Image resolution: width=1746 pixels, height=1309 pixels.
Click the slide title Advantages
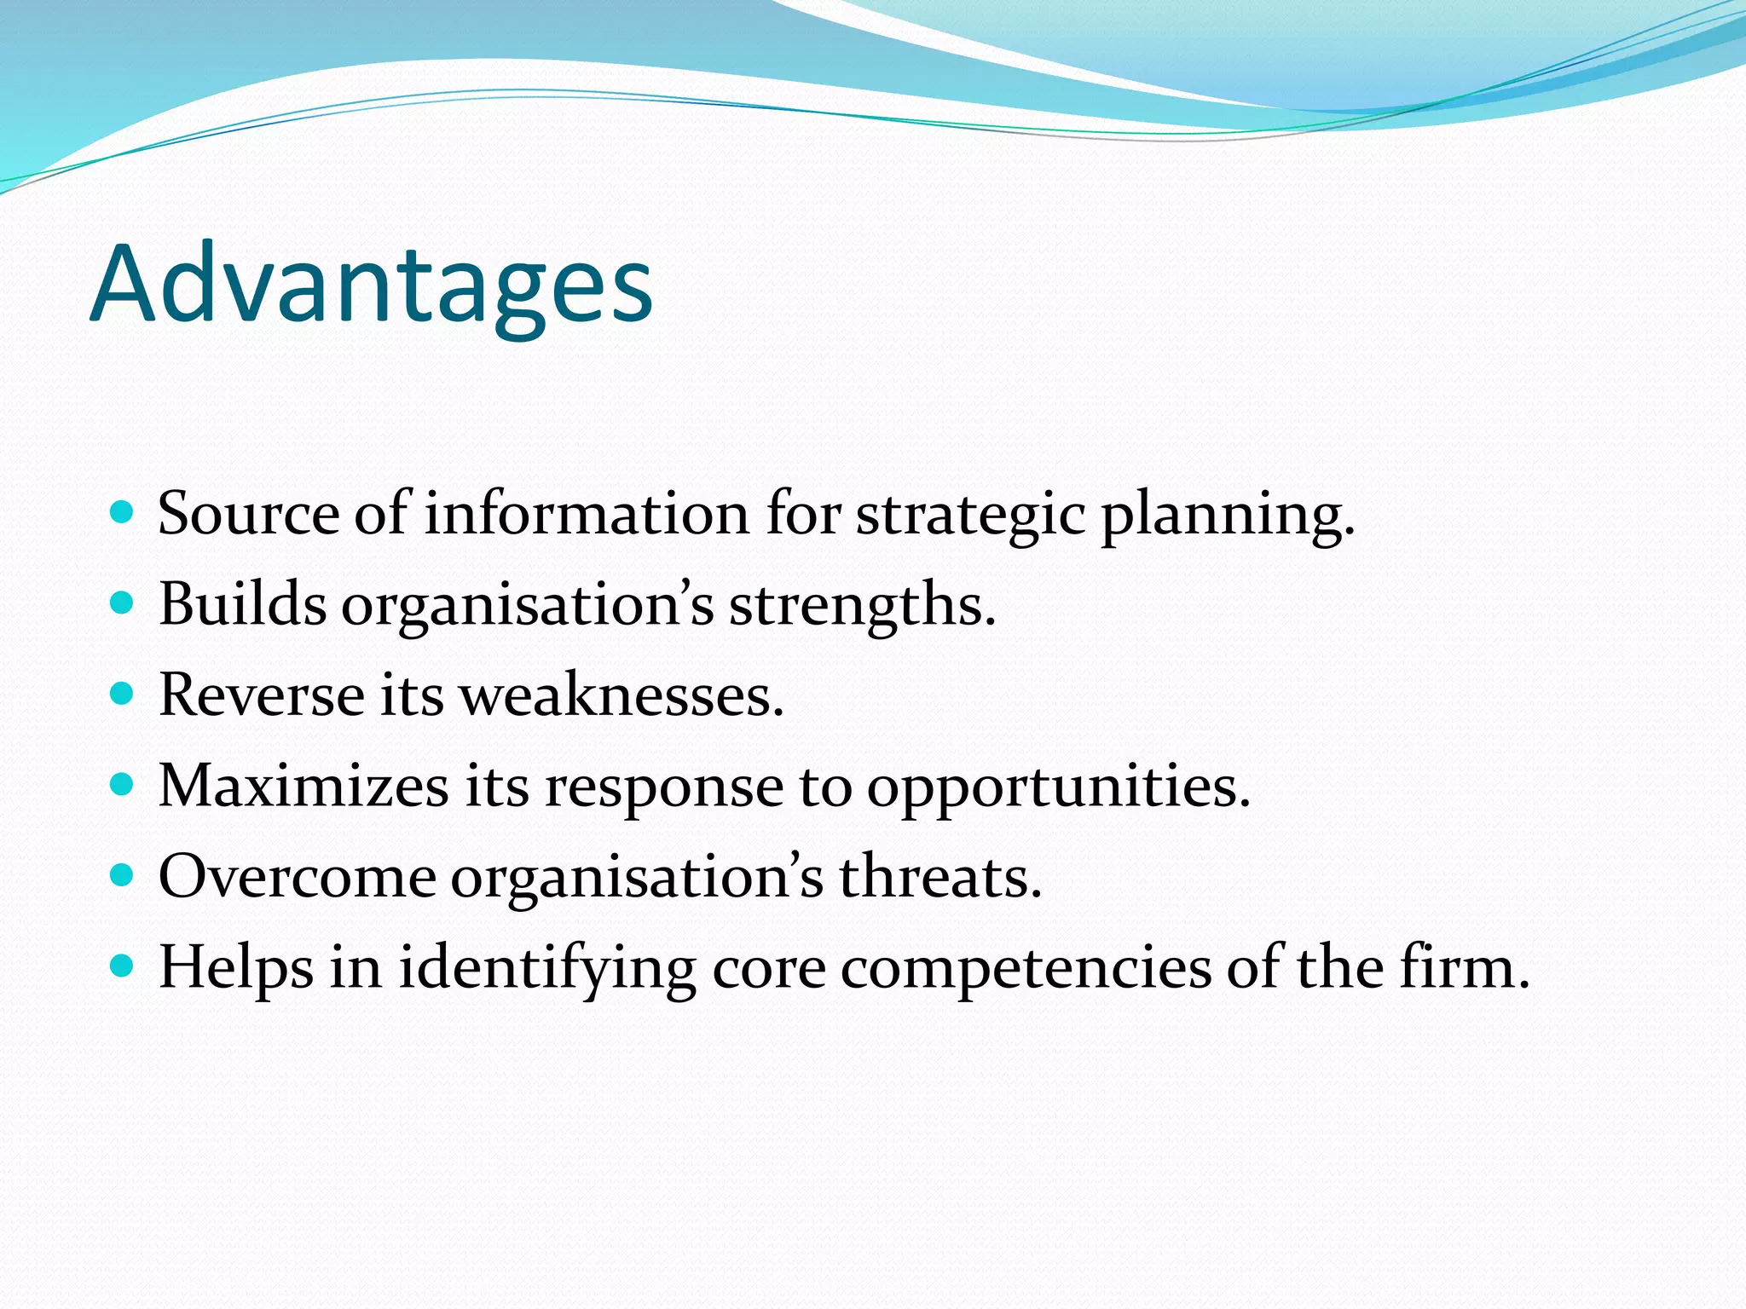coord(371,285)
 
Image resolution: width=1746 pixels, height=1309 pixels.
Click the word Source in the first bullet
coord(248,514)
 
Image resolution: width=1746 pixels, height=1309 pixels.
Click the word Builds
coord(242,604)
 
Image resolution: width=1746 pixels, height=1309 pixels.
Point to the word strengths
coord(861,606)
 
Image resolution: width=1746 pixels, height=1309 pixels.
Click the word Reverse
coord(261,695)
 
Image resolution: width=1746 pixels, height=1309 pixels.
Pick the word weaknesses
coord(621,695)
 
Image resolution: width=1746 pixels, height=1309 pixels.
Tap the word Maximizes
coord(304,786)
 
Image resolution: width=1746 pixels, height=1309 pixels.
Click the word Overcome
coord(297,877)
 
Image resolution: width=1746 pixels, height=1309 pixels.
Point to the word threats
coord(939,877)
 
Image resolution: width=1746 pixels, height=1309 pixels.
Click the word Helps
coord(236,969)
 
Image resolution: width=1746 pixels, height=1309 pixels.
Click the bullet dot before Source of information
coord(123,512)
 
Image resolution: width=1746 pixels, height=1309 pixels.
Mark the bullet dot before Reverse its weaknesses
coord(123,693)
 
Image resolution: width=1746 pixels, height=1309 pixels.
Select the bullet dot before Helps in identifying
coord(123,966)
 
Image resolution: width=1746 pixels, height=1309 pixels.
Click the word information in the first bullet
coord(587,514)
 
